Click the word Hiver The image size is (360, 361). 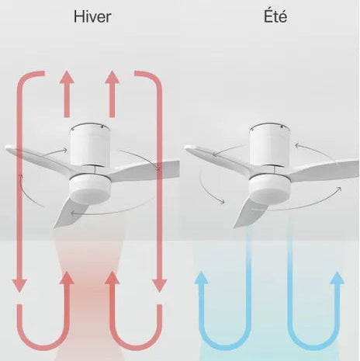[x=92, y=16]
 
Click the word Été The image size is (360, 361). [x=275, y=16]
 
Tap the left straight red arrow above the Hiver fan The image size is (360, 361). [x=67, y=94]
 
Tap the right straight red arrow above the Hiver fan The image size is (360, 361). [x=112, y=94]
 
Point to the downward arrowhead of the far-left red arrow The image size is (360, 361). [x=19, y=286]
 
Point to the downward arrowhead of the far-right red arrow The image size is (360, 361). [x=160, y=286]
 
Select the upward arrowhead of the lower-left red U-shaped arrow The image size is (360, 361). [x=67, y=278]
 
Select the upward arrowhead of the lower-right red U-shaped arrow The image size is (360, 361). [x=112, y=278]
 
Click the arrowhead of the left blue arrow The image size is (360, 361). [x=202, y=278]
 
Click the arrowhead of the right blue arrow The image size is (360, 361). [x=337, y=278]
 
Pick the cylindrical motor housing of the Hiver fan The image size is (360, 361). [x=90, y=145]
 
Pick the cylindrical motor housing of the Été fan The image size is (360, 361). [x=269, y=145]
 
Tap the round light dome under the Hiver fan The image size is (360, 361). [x=90, y=188]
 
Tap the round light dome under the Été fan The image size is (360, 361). [x=269, y=188]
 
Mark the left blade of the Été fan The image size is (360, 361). [x=219, y=158]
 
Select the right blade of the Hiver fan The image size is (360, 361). [x=145, y=171]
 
